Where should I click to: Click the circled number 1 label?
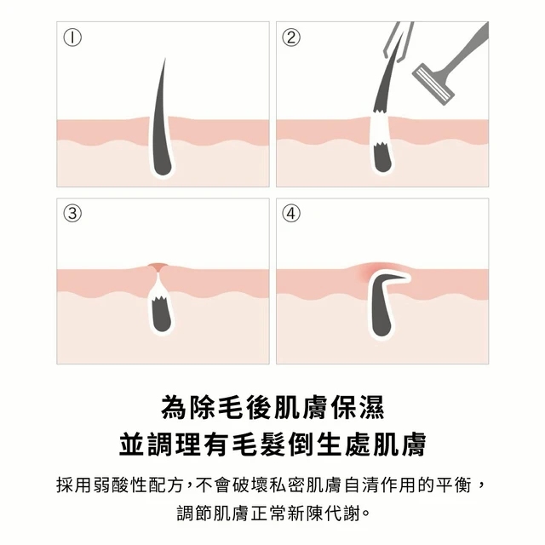pyautogui.click(x=72, y=37)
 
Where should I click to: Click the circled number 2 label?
pyautogui.click(x=291, y=37)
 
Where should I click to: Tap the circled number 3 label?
pyautogui.click(x=72, y=213)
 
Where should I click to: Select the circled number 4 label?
pyautogui.click(x=291, y=213)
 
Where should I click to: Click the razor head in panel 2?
pyautogui.click(x=433, y=83)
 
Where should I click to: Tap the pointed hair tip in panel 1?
pyautogui.click(x=164, y=59)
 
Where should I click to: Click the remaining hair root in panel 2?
pyautogui.click(x=382, y=158)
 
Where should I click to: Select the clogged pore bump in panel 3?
pyautogui.click(x=157, y=267)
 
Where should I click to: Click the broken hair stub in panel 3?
pyautogui.click(x=162, y=313)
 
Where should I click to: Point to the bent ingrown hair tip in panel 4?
pyautogui.click(x=404, y=277)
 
